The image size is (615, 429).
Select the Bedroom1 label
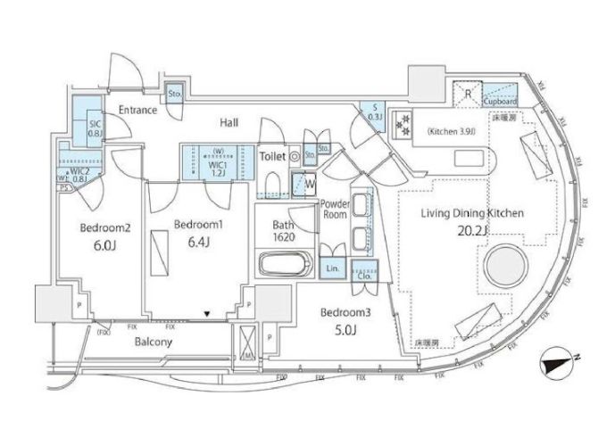pyautogui.click(x=197, y=223)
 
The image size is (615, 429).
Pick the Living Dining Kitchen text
pyautogui.click(x=472, y=214)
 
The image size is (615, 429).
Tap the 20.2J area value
pyautogui.click(x=474, y=232)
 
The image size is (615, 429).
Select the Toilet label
pyautogui.click(x=271, y=156)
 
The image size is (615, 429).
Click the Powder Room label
pyautogui.click(x=335, y=209)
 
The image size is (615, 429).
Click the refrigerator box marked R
pyautogui.click(x=466, y=92)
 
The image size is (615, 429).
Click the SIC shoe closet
pyautogui.click(x=93, y=128)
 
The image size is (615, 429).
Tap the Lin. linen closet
pyautogui.click(x=331, y=268)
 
